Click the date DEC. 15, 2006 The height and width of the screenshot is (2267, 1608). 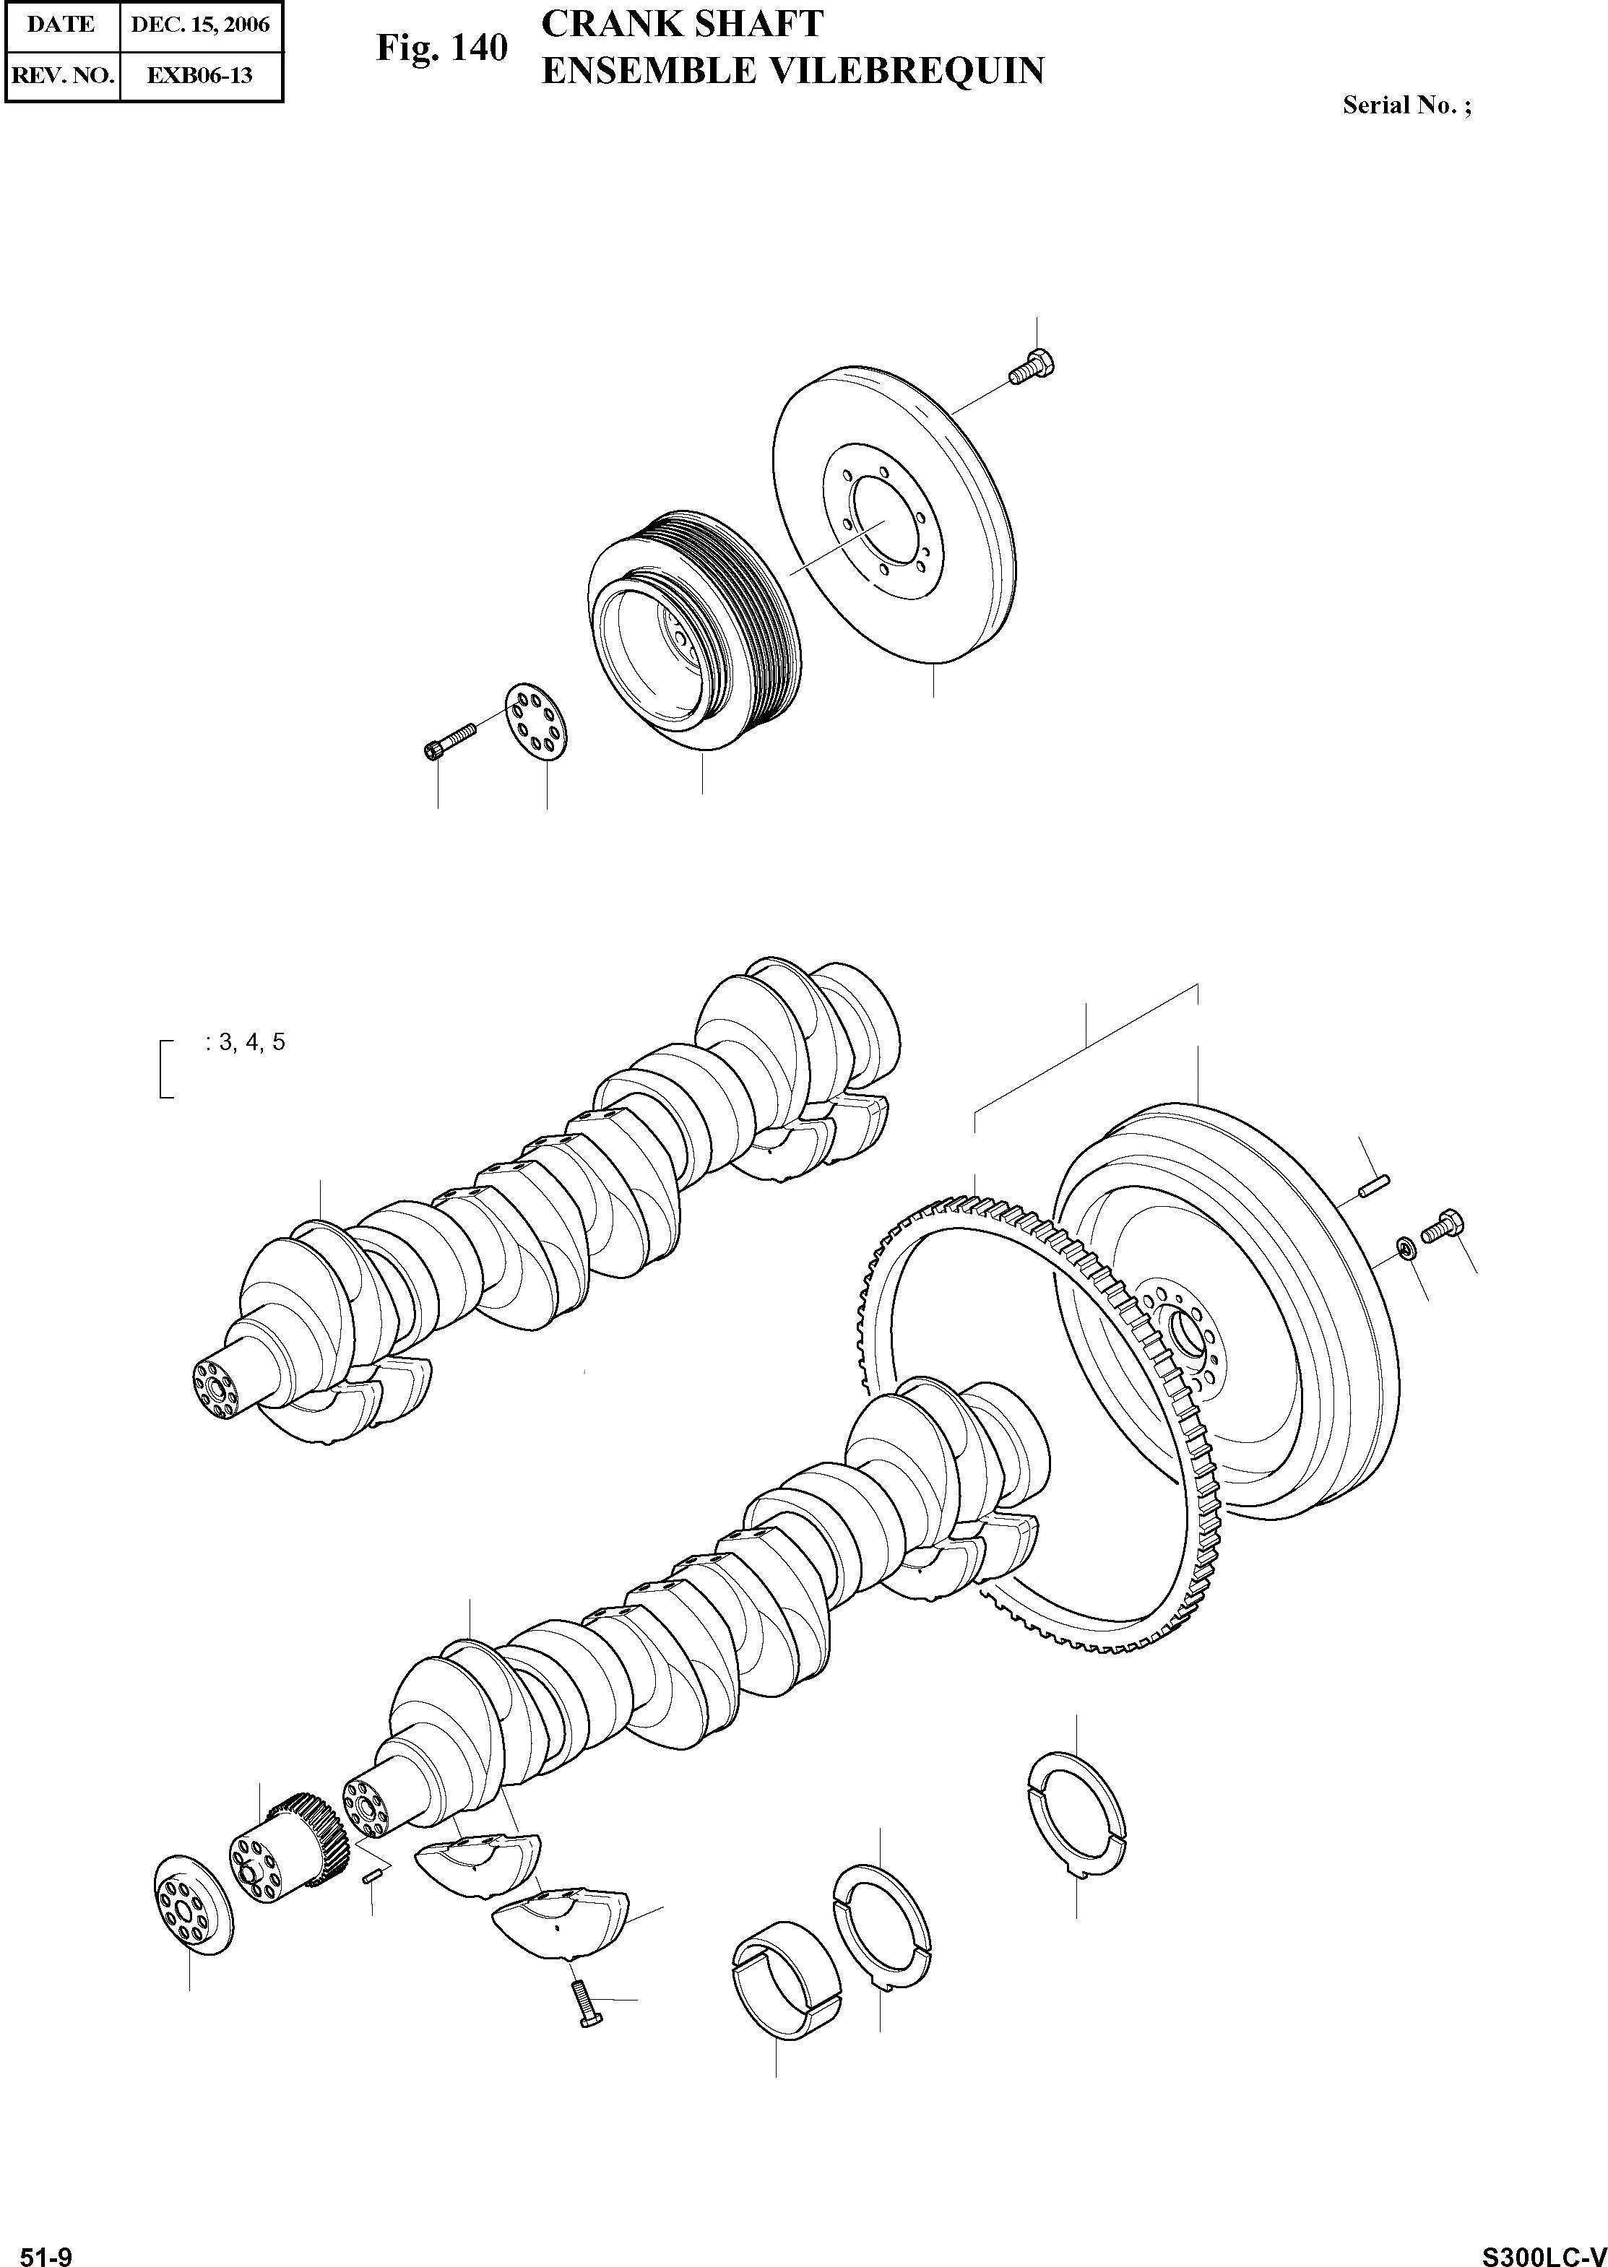[x=200, y=25]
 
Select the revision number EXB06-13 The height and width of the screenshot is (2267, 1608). [x=200, y=75]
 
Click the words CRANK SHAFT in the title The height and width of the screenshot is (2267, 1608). [x=682, y=24]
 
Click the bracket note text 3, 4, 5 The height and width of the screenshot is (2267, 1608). [x=246, y=1041]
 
